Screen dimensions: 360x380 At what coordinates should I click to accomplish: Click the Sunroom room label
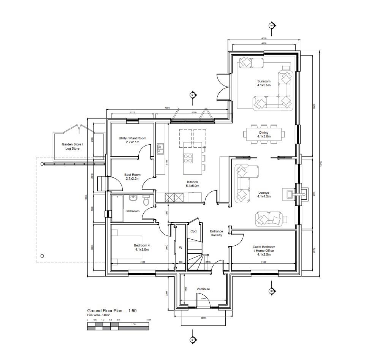264,83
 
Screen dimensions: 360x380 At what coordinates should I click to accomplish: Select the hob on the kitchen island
188,157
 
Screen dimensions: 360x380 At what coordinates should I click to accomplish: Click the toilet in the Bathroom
146,200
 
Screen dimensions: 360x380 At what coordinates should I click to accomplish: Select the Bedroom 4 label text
142,247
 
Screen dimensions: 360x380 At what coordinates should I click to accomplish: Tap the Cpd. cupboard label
193,231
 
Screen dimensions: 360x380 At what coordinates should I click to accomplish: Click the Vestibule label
203,289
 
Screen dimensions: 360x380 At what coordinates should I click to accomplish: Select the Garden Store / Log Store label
72,146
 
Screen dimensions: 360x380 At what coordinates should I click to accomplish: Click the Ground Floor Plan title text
112,311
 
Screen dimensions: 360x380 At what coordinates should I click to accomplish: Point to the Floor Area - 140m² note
98,315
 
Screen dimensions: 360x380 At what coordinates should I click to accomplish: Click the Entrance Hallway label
216,233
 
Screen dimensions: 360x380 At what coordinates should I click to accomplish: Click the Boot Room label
132,177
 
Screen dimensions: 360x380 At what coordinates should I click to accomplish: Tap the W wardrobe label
180,248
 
